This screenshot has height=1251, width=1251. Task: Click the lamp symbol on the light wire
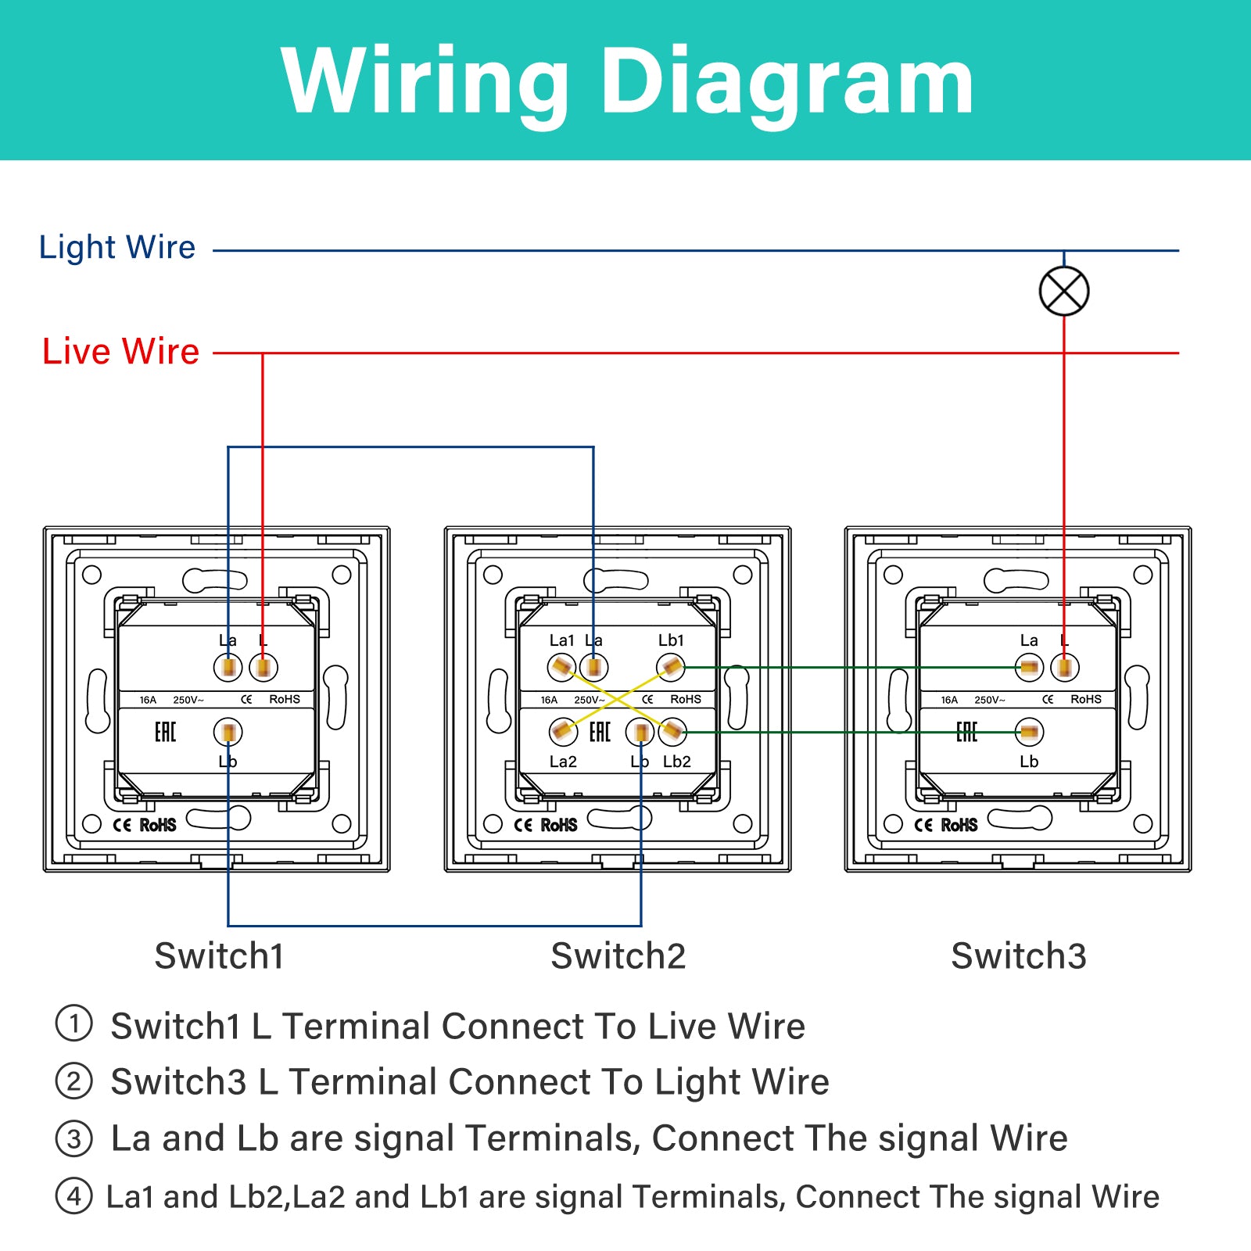pos(1064,291)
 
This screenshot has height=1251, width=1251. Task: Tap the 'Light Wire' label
pos(117,248)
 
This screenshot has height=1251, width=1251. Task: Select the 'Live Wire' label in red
pos(120,351)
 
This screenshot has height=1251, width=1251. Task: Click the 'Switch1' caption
pos(219,955)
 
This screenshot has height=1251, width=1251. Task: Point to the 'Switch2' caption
pos(618,955)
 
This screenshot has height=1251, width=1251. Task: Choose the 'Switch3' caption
pos(1019,955)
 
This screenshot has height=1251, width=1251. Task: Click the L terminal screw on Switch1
pos(263,668)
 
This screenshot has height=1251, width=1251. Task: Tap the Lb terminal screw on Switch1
pos(228,733)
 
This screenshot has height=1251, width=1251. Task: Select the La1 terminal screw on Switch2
pos(562,668)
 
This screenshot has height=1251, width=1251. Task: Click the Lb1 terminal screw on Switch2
pos(671,668)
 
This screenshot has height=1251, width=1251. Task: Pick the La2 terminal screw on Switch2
pos(563,733)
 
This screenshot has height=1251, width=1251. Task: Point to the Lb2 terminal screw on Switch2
pos(672,733)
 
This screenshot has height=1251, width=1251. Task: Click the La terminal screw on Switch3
pos(1029,668)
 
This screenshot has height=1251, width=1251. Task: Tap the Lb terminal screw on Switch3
pos(1029,733)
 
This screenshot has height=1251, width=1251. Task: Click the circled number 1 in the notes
pos(74,1023)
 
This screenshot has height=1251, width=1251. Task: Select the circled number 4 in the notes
pos(74,1195)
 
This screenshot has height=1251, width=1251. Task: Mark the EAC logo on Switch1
pos(165,732)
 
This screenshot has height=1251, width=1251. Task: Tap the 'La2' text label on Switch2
pos(563,762)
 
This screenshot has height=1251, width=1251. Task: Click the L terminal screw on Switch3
pos(1065,668)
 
